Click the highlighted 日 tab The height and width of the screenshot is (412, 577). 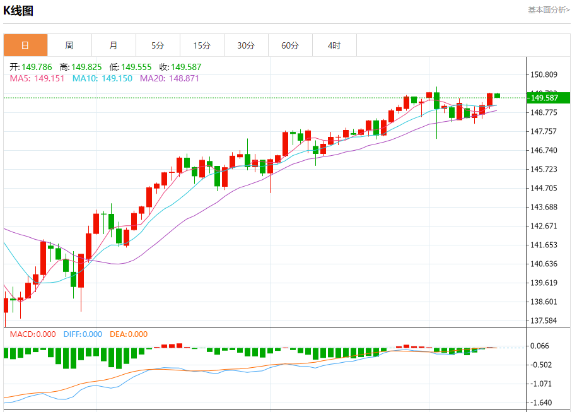[x=25, y=45]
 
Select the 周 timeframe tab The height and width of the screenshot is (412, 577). [x=69, y=45]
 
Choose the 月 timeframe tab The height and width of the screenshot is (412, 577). [x=114, y=45]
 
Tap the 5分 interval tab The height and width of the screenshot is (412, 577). [x=158, y=45]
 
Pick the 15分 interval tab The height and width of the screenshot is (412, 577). [x=202, y=45]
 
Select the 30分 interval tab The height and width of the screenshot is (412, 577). [x=246, y=45]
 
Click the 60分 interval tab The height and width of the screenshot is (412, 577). [x=290, y=45]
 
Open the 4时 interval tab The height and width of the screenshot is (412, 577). [x=334, y=45]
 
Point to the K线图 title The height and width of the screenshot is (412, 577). [x=18, y=11]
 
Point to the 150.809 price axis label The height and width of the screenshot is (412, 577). [x=544, y=74]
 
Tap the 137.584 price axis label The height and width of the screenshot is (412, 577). [x=544, y=321]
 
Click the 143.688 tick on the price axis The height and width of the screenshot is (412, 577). [x=544, y=207]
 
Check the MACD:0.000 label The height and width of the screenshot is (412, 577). [x=32, y=334]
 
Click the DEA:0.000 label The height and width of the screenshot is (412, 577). [x=129, y=334]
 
